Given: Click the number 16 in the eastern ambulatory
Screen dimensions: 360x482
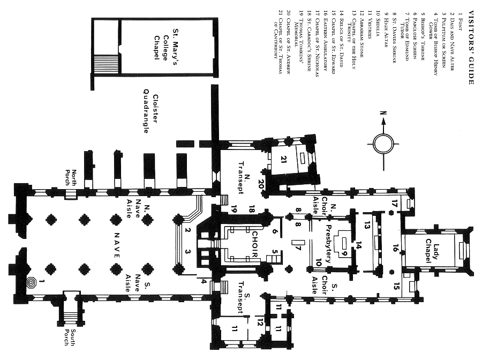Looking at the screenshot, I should pos(395,248).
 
